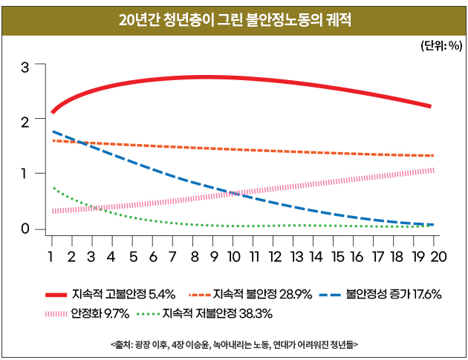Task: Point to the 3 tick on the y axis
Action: point(25,66)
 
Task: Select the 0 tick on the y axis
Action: point(25,229)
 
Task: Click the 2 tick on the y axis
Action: point(25,120)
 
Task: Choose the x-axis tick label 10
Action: point(233,257)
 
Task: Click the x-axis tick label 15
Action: point(337,257)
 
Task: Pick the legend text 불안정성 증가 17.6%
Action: point(394,295)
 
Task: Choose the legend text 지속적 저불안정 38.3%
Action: point(217,314)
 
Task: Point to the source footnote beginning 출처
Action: point(234,344)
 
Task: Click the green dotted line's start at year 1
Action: point(53,188)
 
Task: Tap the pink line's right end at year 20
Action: point(433,170)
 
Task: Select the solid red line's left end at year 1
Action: point(52,112)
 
